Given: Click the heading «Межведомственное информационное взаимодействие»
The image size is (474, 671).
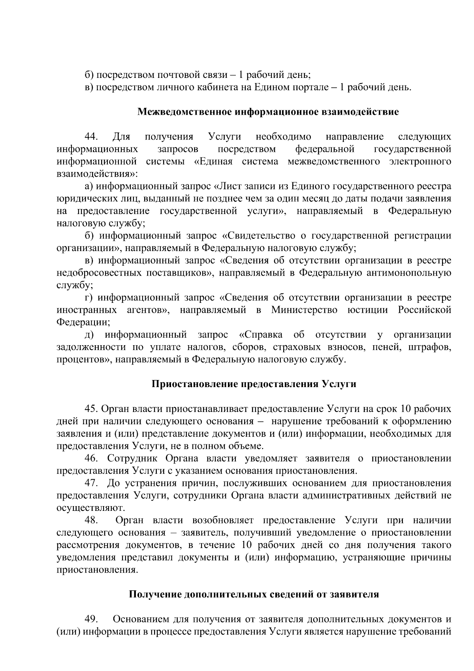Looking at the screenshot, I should tap(268, 112).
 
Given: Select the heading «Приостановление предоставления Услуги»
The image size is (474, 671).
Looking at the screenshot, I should tap(254, 384).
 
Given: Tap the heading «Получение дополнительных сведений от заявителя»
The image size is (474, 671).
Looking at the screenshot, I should tap(254, 594).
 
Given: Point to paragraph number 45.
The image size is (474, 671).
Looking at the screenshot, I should tap(91, 409).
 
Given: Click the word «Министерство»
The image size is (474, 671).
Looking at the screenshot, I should tap(304, 310).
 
